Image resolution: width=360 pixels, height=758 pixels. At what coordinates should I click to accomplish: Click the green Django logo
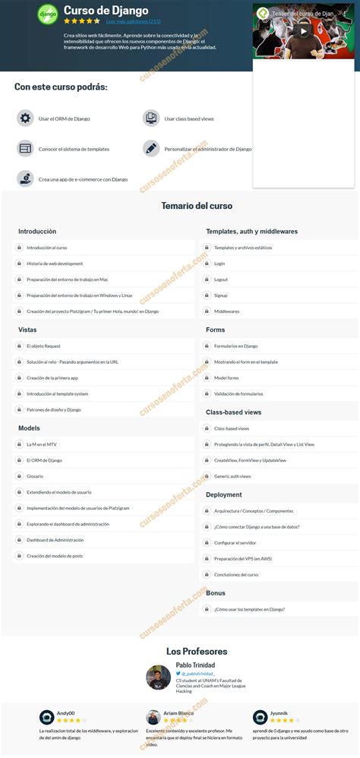tap(47, 13)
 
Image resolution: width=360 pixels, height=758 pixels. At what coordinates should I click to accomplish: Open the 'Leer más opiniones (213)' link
tap(133, 21)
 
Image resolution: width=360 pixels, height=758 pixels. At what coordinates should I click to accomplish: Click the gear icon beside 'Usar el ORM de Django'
tap(25, 118)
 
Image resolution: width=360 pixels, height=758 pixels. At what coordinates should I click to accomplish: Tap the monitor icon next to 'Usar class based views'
tap(150, 118)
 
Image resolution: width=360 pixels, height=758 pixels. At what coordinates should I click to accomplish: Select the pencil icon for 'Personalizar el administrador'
tap(150, 148)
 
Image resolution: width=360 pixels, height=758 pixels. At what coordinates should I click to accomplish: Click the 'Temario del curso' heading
tap(197, 206)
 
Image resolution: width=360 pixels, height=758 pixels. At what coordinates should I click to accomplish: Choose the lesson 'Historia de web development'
tap(55, 264)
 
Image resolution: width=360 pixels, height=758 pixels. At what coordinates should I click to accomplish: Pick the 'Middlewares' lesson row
tap(226, 311)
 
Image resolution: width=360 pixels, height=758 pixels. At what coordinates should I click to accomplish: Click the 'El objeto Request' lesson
tap(43, 346)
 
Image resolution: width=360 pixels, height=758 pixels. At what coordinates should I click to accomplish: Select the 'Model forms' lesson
tap(226, 377)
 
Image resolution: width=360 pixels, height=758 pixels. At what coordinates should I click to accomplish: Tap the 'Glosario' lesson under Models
tap(35, 476)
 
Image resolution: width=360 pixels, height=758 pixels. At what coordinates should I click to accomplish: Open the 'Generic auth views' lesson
tap(232, 476)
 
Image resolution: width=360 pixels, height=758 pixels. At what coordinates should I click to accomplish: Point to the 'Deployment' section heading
tap(224, 494)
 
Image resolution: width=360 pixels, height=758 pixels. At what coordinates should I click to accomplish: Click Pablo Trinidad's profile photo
tap(158, 677)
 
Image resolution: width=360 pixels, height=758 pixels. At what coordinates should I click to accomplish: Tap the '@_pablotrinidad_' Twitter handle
tap(198, 674)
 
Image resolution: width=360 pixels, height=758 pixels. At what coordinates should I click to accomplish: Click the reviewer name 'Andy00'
tap(66, 713)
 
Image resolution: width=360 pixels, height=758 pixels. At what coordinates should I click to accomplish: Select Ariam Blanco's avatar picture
tap(153, 717)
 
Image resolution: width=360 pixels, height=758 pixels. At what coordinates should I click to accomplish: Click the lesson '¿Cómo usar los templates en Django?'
tap(249, 608)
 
